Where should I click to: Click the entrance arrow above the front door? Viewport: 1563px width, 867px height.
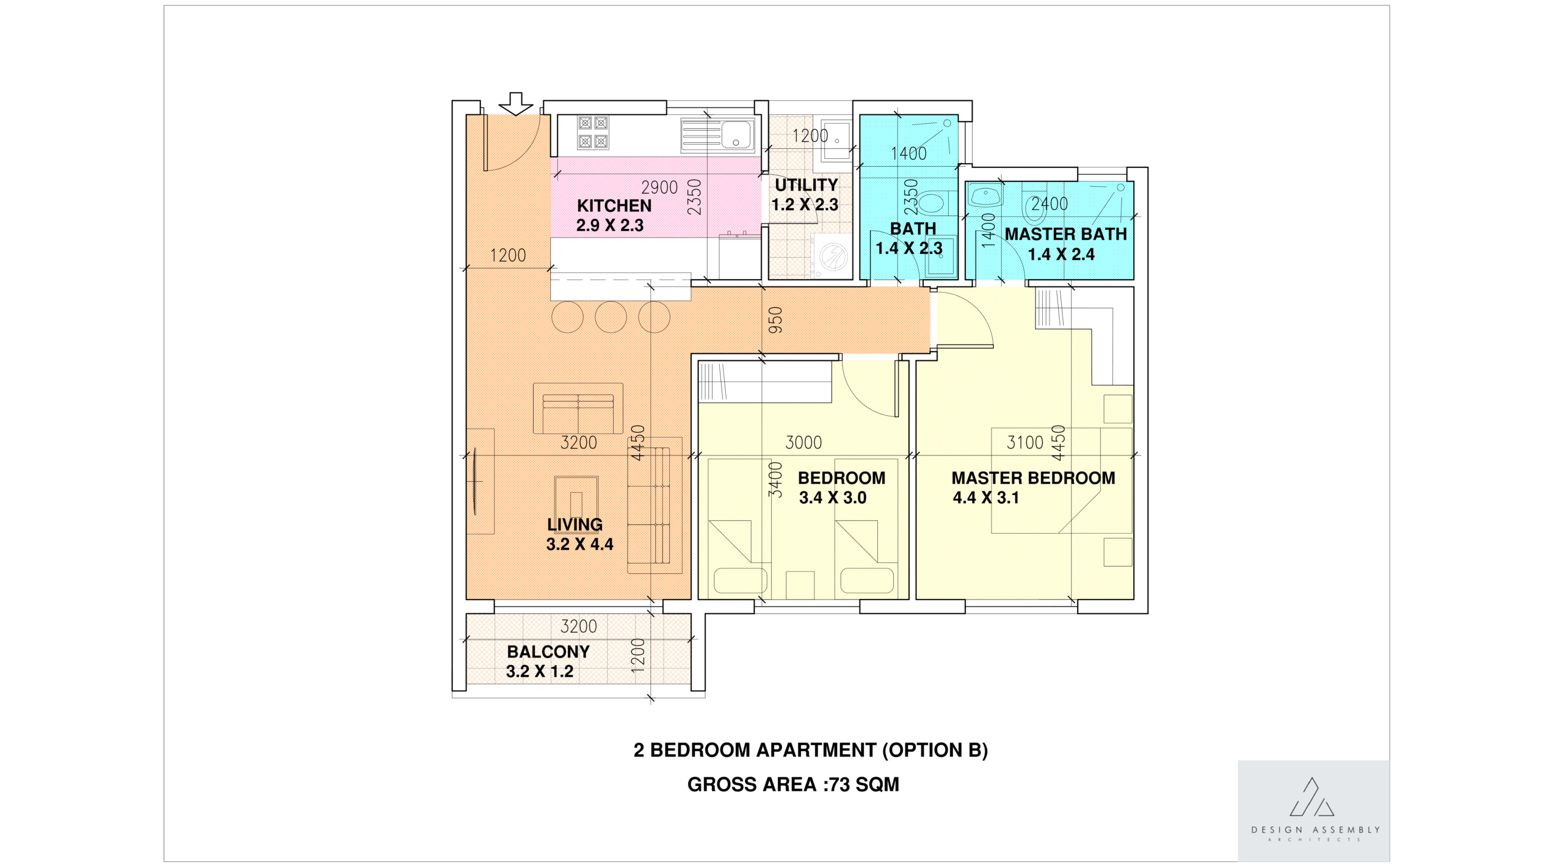[x=516, y=104]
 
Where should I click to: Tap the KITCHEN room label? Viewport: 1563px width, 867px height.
[x=614, y=206]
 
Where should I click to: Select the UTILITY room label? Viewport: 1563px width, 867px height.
[x=807, y=185]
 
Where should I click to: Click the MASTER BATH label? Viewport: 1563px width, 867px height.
[x=1065, y=234]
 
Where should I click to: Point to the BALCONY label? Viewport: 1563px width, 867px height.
[x=548, y=652]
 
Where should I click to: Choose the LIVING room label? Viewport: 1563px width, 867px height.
[x=575, y=524]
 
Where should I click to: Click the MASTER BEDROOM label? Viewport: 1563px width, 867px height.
[x=1033, y=478]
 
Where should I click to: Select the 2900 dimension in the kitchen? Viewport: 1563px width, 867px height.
[x=659, y=187]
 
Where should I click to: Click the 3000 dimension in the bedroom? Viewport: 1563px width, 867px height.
[x=803, y=443]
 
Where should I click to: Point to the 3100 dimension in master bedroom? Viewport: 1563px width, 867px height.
[x=1025, y=443]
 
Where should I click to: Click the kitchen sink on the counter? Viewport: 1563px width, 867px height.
[x=718, y=136]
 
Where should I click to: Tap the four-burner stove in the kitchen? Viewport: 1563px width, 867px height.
[x=593, y=132]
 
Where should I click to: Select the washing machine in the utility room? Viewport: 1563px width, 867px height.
[x=831, y=256]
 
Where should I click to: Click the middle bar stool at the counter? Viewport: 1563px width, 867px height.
[x=611, y=317]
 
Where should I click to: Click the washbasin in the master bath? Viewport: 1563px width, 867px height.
[x=985, y=197]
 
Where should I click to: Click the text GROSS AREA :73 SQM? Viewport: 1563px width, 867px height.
[x=793, y=785]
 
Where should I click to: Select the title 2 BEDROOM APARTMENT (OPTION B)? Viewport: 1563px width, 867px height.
[x=810, y=750]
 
